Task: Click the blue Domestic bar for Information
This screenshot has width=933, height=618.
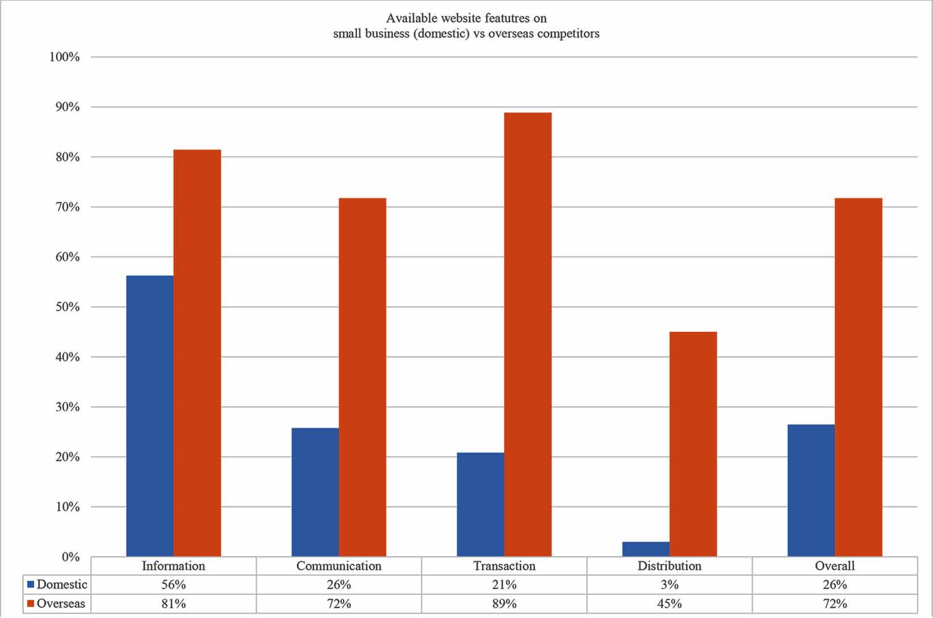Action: point(150,416)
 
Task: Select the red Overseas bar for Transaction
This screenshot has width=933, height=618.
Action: point(528,335)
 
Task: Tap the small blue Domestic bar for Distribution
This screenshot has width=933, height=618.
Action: point(646,549)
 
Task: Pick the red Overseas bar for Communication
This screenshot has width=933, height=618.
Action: point(362,377)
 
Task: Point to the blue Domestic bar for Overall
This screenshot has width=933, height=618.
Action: point(811,490)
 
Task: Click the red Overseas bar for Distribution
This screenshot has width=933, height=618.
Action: point(693,444)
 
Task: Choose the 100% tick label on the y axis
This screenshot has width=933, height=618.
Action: point(65,57)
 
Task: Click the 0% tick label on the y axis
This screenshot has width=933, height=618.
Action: point(70,557)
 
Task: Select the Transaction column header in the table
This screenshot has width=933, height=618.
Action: point(504,566)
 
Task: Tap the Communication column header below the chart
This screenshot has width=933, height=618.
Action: point(339,566)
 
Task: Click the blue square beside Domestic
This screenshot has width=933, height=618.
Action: point(31,584)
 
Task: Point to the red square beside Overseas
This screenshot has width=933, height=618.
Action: point(31,603)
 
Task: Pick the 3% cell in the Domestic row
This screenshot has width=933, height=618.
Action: point(670,584)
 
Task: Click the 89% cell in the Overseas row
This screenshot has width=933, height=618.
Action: point(504,603)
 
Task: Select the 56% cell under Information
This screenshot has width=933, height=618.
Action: point(173,584)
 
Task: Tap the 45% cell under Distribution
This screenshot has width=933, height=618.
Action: point(670,603)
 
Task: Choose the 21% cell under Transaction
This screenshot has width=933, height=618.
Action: point(504,584)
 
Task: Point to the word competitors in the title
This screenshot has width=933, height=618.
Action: point(568,34)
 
